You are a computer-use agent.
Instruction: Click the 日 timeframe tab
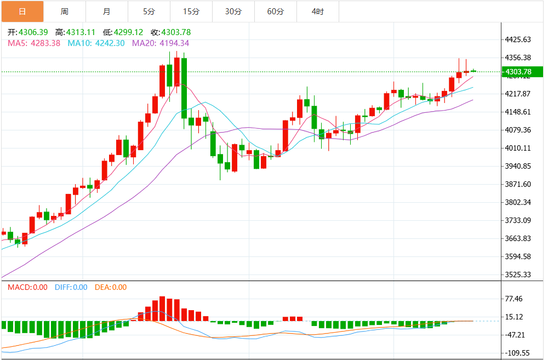point(22,12)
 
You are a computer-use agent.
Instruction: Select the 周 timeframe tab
point(65,12)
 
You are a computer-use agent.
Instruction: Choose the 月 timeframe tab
point(106,12)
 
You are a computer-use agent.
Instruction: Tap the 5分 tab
point(149,12)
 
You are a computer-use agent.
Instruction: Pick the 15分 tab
point(191,12)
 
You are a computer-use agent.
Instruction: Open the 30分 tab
point(233,12)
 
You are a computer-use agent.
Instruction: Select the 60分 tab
point(275,12)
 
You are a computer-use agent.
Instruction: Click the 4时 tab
point(317,12)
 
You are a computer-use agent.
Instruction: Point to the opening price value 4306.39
point(33,32)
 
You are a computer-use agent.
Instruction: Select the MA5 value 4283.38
point(45,43)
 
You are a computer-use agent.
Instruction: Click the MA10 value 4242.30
point(110,43)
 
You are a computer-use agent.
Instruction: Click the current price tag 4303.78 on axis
point(518,72)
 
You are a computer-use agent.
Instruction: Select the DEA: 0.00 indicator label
point(111,287)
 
